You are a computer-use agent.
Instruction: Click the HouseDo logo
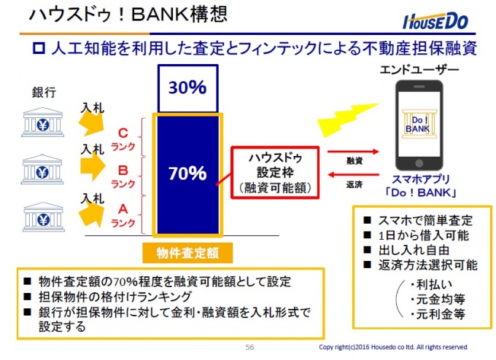(x=435, y=21)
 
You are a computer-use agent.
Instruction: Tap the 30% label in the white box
(x=187, y=87)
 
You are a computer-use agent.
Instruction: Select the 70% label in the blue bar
(x=187, y=173)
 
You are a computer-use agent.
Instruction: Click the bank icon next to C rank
(x=43, y=122)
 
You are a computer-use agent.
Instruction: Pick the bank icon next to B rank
(x=42, y=169)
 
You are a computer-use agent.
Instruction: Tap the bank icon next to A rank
(x=43, y=217)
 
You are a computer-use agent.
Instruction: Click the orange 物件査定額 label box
(x=187, y=253)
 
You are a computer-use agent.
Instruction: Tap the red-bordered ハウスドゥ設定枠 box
(x=275, y=173)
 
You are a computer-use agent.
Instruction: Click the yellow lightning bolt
(x=347, y=120)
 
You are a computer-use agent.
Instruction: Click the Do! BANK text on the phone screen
(x=417, y=125)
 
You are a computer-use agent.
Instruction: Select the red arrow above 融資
(x=353, y=152)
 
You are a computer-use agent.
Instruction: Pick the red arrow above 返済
(x=353, y=174)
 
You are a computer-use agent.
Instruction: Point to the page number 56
(x=249, y=347)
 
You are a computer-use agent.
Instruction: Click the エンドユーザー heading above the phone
(x=419, y=69)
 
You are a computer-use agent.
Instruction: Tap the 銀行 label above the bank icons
(x=44, y=93)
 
